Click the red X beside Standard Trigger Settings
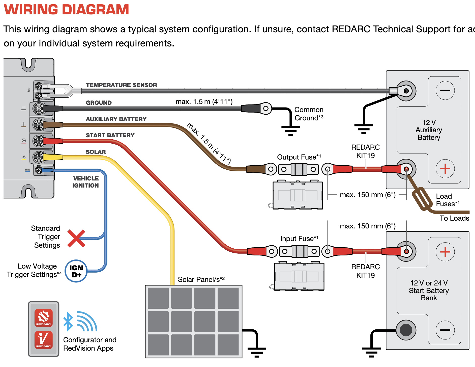76,239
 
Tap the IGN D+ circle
76,271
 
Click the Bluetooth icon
68,321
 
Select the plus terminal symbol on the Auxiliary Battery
445,169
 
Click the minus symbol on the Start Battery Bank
445,330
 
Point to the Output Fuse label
299,157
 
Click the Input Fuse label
299,239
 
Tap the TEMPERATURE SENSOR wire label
121,85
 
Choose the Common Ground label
309,114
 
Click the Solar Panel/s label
201,279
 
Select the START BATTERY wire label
110,135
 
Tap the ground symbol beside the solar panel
257,351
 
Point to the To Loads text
454,218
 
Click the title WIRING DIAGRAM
66,10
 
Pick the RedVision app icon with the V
44,340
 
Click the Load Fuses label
448,200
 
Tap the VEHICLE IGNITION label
86,182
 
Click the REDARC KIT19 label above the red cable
365,151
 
